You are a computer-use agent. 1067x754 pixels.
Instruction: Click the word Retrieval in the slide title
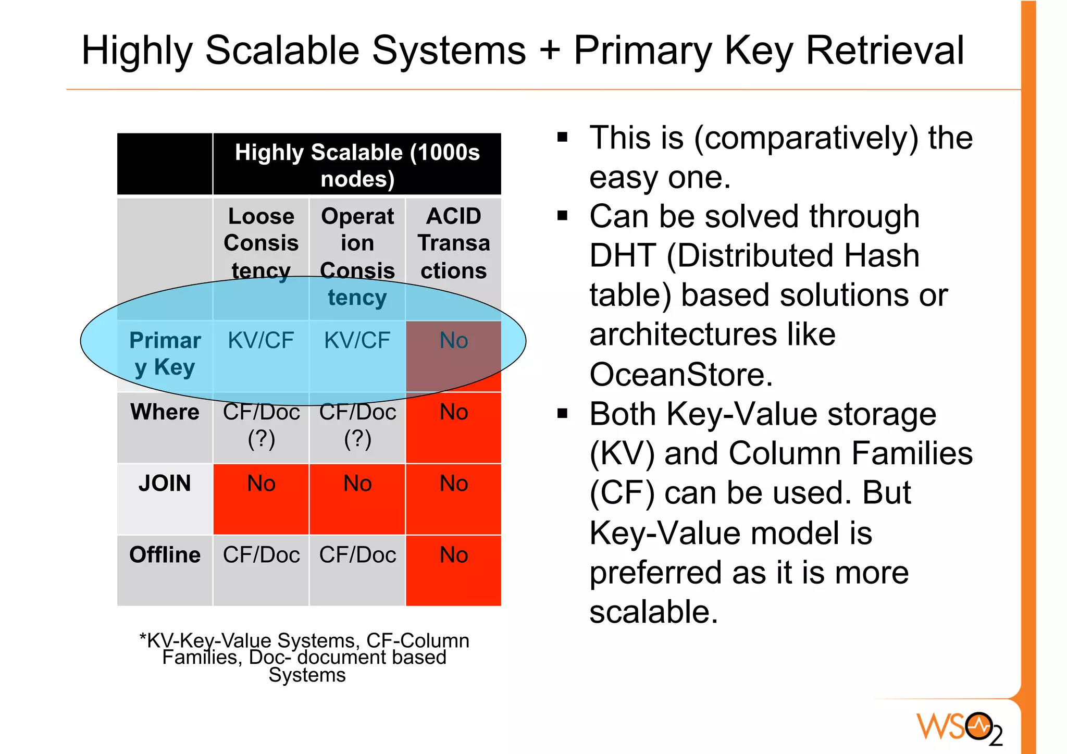(885, 51)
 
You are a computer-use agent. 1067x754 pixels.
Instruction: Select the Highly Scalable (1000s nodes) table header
(357, 165)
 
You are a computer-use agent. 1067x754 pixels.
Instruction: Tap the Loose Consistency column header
(261, 243)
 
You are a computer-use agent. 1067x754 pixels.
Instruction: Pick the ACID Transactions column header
(453, 243)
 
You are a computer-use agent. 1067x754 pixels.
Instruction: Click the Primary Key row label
(165, 354)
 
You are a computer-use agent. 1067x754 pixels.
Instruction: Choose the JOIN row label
(165, 484)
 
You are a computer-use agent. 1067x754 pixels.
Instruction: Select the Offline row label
(165, 555)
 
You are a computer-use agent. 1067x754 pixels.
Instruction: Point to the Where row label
(165, 412)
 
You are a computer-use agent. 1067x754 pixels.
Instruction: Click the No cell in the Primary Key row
(453, 341)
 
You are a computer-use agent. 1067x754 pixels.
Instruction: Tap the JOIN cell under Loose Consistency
(261, 484)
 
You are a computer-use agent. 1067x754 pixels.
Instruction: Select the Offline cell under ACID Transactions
(453, 555)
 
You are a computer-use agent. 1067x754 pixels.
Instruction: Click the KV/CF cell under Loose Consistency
(261, 341)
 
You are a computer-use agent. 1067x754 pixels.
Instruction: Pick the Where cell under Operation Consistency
(357, 425)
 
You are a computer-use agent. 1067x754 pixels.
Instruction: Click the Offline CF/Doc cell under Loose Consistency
(261, 555)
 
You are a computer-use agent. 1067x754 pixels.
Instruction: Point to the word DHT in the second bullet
(622, 256)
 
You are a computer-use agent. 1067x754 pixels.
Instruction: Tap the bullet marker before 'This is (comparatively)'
(562, 138)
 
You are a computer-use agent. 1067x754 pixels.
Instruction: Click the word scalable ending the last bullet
(653, 612)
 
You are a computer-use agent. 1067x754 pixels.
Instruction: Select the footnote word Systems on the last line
(307, 675)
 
